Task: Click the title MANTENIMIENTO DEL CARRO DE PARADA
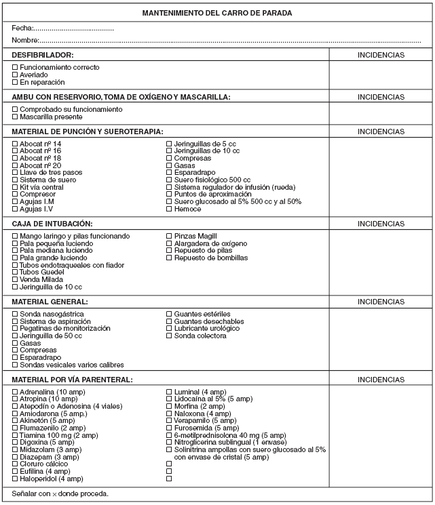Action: pyautogui.click(x=218, y=13)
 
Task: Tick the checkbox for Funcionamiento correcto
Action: pyautogui.click(x=16, y=67)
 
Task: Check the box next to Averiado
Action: pyautogui.click(x=16, y=75)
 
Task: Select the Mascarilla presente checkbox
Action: pyautogui.click(x=16, y=117)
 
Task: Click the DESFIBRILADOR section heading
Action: pyautogui.click(x=43, y=54)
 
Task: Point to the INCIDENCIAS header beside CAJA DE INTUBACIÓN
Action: pyautogui.click(x=381, y=223)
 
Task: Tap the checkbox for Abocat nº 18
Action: pyautogui.click(x=16, y=158)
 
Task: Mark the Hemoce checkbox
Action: pyautogui.click(x=170, y=209)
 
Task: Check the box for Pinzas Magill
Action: pyautogui.click(x=170, y=236)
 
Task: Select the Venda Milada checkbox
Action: pyautogui.click(x=16, y=280)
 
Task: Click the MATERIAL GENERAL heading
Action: pyautogui.click(x=50, y=301)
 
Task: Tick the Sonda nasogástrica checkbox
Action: pyautogui.click(x=16, y=315)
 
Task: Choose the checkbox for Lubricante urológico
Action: pyautogui.click(x=170, y=329)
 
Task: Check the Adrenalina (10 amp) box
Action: pyautogui.click(x=16, y=392)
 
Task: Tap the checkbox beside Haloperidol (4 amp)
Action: pyautogui.click(x=16, y=479)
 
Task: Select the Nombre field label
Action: pyautogui.click(x=26, y=41)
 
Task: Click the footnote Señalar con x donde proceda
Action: pyautogui.click(x=60, y=493)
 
